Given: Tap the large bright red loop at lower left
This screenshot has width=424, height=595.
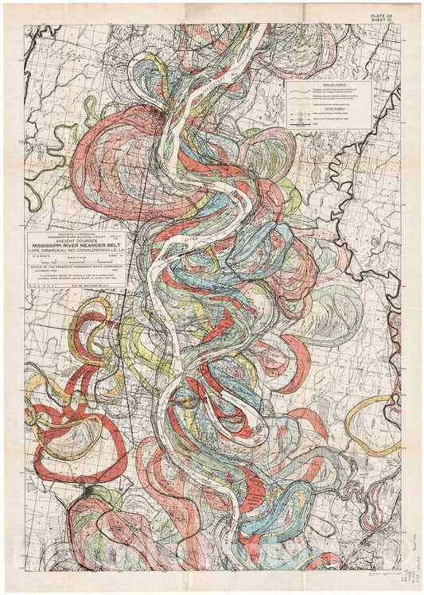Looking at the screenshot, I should [76, 434].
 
